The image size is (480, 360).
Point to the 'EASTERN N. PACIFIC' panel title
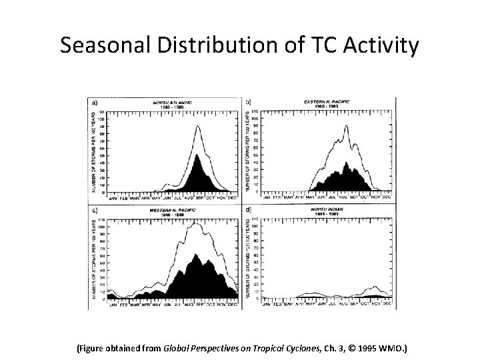[x=326, y=101]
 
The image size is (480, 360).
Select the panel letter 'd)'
[x=249, y=211]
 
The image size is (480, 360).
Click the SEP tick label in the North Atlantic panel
[x=200, y=197]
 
